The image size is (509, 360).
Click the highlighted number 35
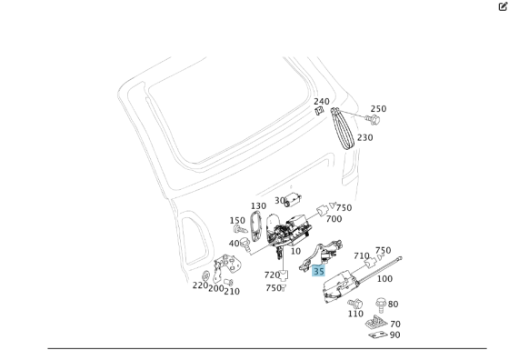point(318,270)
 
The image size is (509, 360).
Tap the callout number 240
point(322,102)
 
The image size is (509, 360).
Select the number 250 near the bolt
point(378,109)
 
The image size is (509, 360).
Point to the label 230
point(364,138)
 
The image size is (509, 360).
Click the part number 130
point(259,206)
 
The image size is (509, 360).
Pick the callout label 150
point(237,221)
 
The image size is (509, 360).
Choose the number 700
point(334,219)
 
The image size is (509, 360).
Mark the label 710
point(362,256)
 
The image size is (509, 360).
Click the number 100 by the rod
point(384,278)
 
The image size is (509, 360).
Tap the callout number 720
point(272,275)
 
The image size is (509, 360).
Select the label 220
point(200,285)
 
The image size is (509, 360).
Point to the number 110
point(355,314)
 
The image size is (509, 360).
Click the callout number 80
point(393,305)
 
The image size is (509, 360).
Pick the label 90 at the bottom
point(394,335)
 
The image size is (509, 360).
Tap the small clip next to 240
point(319,113)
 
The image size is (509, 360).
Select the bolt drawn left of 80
point(380,304)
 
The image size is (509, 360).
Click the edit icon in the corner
point(503,6)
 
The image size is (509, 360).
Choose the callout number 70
point(394,324)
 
